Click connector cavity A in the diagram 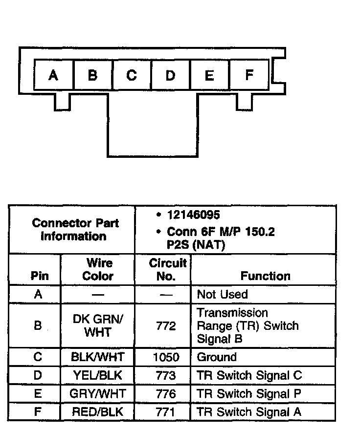click(x=53, y=75)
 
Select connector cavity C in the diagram click(x=131, y=75)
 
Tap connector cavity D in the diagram click(x=170, y=75)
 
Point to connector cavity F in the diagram click(x=249, y=75)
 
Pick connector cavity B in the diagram click(x=92, y=75)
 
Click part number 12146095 click(x=193, y=215)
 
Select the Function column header click(x=265, y=276)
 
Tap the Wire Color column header click(x=98, y=269)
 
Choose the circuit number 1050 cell click(x=166, y=357)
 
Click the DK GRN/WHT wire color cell click(x=98, y=325)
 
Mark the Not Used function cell click(x=222, y=294)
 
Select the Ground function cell click(x=217, y=357)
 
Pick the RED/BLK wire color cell click(x=98, y=411)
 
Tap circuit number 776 click(x=166, y=393)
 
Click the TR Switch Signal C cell click(x=249, y=375)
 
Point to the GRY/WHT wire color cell click(x=98, y=393)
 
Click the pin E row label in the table click(x=38, y=393)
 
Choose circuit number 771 click(x=166, y=411)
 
